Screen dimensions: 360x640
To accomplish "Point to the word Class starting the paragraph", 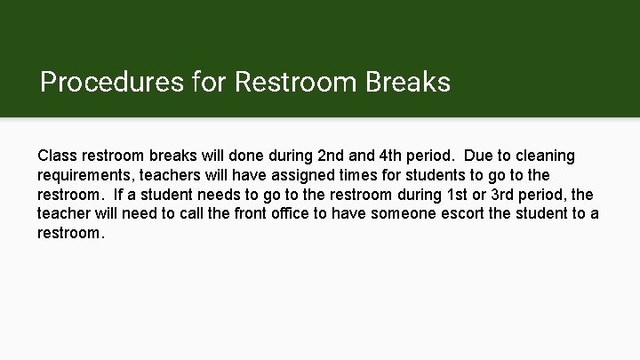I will pos(58,156).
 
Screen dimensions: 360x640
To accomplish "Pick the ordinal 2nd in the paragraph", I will pos(334,156).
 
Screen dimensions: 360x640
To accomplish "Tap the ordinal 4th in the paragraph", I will pos(404,156).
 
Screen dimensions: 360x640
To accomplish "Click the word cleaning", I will pos(544,156).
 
